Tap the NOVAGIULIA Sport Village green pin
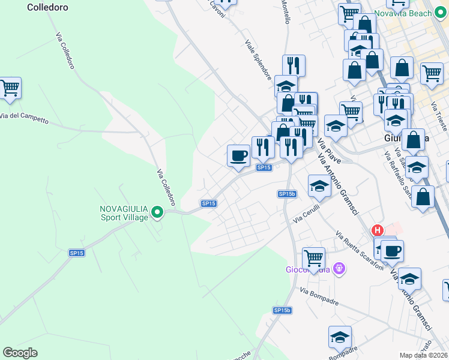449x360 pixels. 157,212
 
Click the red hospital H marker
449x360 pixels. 378,230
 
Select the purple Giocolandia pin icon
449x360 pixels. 340,268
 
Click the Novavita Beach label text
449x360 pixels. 411,13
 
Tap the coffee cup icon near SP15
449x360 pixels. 238,156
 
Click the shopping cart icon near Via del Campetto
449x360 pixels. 10,88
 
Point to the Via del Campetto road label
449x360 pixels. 24,118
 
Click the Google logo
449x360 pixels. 20,353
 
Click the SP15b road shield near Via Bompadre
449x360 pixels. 282,310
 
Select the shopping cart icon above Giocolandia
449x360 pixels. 313,259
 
